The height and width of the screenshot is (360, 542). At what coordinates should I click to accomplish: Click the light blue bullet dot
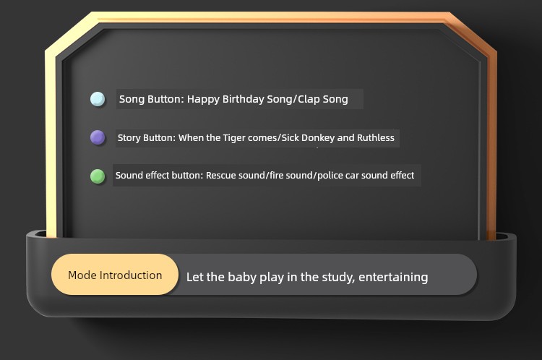tap(98, 99)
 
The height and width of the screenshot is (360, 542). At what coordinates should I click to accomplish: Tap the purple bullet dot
tap(98, 137)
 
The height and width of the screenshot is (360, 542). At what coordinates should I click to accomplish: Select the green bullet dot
tap(98, 176)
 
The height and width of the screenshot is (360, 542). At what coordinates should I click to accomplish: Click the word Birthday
tap(243, 99)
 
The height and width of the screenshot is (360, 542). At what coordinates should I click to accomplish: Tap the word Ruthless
tap(375, 137)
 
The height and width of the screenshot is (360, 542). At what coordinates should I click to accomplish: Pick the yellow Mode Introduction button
tap(115, 275)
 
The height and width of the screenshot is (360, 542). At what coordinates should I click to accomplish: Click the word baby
tap(241, 277)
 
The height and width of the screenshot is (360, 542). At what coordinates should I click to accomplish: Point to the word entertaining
tap(393, 277)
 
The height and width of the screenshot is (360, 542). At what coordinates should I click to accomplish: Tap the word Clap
tap(309, 99)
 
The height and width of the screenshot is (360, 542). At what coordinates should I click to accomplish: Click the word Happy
tap(203, 99)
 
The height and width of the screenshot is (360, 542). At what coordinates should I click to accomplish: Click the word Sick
tap(290, 137)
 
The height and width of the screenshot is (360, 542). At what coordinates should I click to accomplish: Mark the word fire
tap(276, 176)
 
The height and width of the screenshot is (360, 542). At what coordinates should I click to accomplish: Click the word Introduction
tap(131, 275)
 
